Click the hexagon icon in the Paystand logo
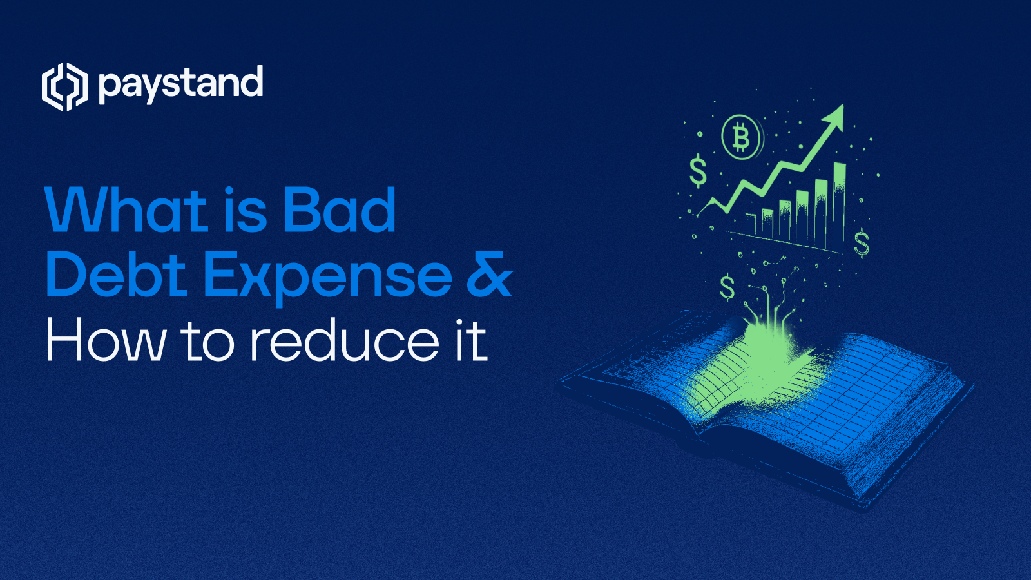[64, 86]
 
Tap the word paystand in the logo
[181, 84]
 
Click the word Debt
[117, 275]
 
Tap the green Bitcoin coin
[740, 137]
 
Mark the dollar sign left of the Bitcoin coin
[697, 171]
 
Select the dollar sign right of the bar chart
[862, 243]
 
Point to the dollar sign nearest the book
[727, 287]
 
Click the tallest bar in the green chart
[839, 206]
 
